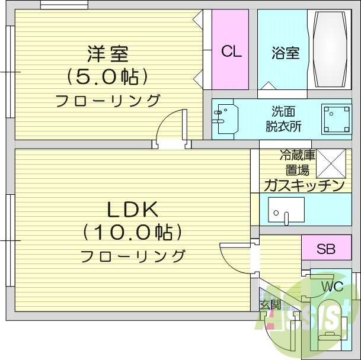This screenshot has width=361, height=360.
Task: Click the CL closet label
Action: pos(231,52)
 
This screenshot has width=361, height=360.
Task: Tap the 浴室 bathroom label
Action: pos(286,53)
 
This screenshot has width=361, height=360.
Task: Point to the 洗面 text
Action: pos(283,111)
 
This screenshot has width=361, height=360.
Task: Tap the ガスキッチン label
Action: pos(304,186)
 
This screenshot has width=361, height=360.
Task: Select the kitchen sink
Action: pos(286,210)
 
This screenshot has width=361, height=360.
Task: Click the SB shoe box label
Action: pos(325,249)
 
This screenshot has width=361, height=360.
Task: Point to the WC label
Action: pos(332,287)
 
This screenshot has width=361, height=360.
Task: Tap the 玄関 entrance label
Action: pos(270,306)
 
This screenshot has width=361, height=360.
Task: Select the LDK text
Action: pos(132,210)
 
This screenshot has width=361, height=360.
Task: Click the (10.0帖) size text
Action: pos(132,232)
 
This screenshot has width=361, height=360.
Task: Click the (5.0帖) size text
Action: pos(107,76)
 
